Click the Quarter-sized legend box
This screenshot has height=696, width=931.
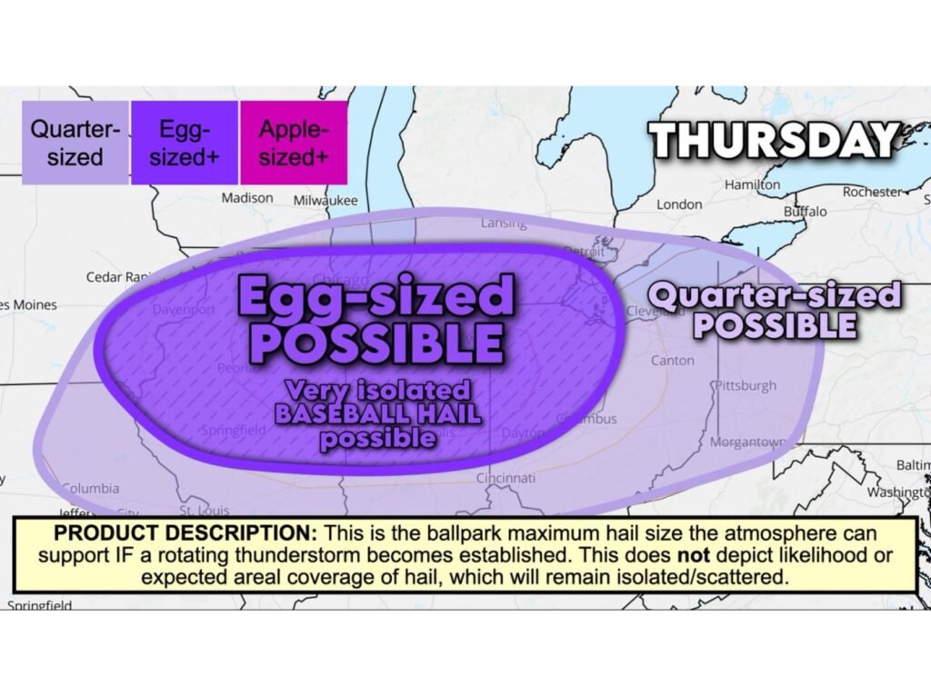pyautogui.click(x=75, y=143)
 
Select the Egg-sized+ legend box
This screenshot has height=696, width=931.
pyautogui.click(x=185, y=143)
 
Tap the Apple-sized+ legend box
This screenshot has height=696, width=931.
pyautogui.click(x=294, y=143)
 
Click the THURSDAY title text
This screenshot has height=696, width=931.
pyautogui.click(x=774, y=141)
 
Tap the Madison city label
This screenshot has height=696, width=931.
pyautogui.click(x=246, y=197)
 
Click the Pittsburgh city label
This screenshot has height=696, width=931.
pyautogui.click(x=746, y=385)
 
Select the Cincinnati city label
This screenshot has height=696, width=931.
pyautogui.click(x=506, y=478)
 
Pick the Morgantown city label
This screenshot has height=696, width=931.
pyautogui.click(x=749, y=442)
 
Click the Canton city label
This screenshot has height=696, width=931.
pyautogui.click(x=672, y=361)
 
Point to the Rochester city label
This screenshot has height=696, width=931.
pyautogui.click(x=870, y=192)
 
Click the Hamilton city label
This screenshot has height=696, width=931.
pyautogui.click(x=752, y=184)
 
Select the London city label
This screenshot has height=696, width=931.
pyautogui.click(x=679, y=204)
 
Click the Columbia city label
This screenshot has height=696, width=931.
pyautogui.click(x=90, y=488)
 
